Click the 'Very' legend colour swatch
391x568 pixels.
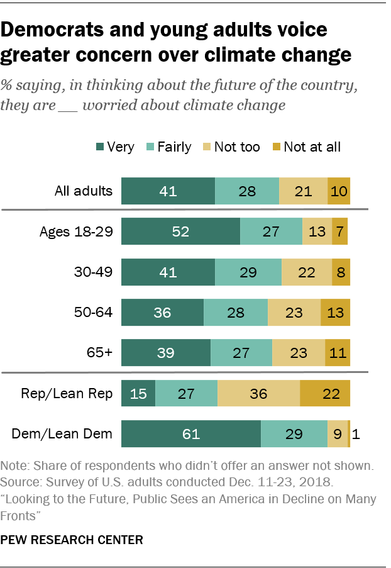click(x=99, y=147)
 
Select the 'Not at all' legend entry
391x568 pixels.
click(x=311, y=147)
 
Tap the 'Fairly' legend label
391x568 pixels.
click(x=174, y=147)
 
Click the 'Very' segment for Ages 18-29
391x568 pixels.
click(x=180, y=231)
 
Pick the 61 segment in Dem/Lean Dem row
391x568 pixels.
click(x=190, y=434)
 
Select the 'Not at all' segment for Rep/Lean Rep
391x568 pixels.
click(x=325, y=394)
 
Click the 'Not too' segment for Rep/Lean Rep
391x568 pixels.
click(x=258, y=394)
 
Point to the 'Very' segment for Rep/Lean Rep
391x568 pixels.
click(x=138, y=394)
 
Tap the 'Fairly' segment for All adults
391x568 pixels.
click(x=247, y=191)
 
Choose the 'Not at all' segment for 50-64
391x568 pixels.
click(x=335, y=312)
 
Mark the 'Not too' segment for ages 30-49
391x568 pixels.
click(x=306, y=272)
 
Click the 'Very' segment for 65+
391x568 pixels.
click(x=165, y=352)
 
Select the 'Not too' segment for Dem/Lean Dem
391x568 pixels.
click(x=338, y=434)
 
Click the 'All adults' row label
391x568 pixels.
click(x=83, y=191)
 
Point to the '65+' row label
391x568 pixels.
click(x=101, y=352)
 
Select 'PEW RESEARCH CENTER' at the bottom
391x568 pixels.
click(x=72, y=540)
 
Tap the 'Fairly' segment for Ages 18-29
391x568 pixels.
click(x=271, y=231)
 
